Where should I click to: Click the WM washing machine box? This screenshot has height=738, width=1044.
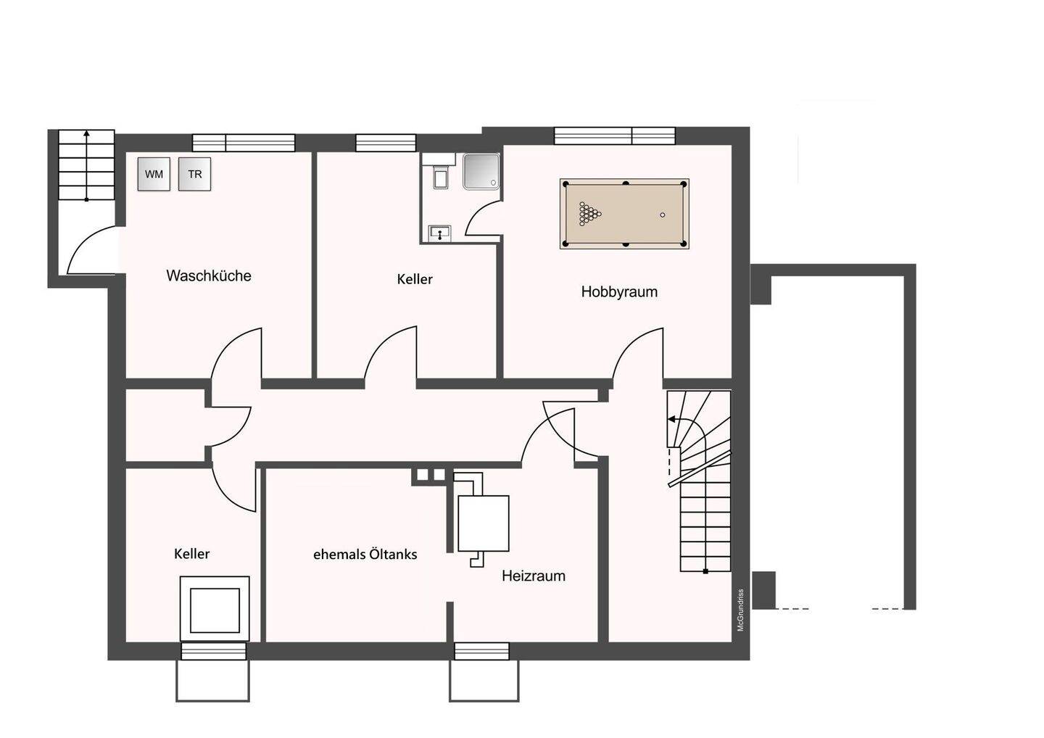154,174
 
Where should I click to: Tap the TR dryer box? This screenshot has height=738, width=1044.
195,174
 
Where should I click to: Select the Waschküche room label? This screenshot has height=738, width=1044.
209,275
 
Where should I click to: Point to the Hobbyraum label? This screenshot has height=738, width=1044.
619,291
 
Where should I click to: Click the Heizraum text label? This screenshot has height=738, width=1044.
534,576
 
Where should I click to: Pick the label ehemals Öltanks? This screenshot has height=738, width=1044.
365,555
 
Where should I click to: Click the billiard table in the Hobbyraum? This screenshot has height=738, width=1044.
624,214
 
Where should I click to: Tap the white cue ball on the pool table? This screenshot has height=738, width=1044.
663,215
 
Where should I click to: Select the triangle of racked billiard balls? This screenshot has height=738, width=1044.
589,214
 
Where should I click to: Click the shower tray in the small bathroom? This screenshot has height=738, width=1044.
481,172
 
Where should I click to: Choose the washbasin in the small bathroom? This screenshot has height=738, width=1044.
440,233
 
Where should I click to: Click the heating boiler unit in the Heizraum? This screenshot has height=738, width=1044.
484,523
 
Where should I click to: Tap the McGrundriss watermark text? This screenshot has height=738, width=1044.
741,610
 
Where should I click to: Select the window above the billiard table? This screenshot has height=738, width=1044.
614,136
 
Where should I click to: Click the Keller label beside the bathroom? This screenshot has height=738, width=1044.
415,279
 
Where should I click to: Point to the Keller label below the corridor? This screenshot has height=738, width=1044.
191,554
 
